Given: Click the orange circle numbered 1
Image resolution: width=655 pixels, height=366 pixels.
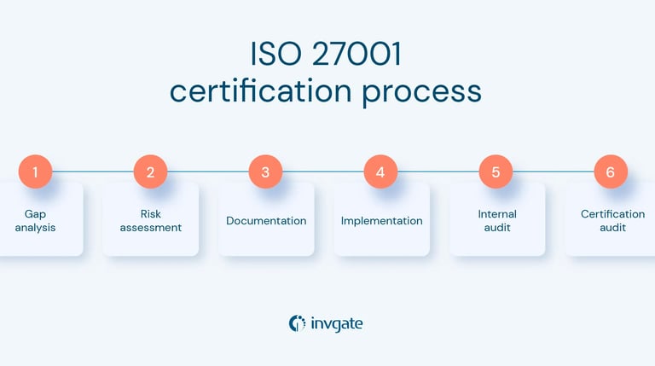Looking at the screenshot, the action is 35,172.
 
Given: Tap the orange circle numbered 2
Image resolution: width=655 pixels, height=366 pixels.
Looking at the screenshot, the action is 150,172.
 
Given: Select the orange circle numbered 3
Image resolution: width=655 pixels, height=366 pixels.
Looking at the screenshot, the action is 265,172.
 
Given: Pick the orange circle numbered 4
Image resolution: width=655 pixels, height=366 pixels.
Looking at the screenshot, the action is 380,172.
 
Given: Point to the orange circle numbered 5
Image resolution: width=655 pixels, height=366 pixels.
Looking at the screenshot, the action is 496,172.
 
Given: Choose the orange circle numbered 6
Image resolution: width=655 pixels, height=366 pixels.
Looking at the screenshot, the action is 610,172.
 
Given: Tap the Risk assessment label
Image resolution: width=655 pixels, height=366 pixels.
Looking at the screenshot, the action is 150,221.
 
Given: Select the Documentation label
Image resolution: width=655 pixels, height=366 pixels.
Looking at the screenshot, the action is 266,221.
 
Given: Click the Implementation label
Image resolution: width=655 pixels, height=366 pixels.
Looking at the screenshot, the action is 381,221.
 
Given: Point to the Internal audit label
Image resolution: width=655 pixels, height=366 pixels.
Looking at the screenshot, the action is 496,221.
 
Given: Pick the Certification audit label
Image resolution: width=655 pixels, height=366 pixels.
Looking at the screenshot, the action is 612,221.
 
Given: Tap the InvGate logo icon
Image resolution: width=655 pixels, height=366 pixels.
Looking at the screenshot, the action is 297,323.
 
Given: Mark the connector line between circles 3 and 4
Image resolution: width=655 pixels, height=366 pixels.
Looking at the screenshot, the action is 322,171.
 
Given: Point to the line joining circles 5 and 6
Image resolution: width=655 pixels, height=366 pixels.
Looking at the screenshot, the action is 553,171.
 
